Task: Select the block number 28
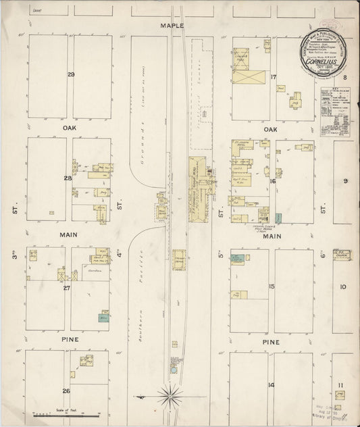point(68,178)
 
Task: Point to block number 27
point(67,288)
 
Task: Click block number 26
point(66,391)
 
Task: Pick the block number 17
point(274,76)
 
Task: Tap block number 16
point(273,181)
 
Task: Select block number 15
point(272,286)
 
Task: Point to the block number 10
point(343,286)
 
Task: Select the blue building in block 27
point(104,317)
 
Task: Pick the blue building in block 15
point(238,257)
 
